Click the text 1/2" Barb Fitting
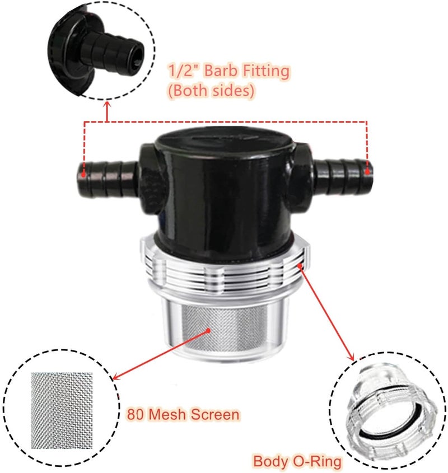pos(228,71)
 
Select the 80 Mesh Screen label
pos(183,415)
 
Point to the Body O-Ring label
pos(297,462)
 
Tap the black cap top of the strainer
pos(222,148)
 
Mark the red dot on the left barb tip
pos(84,172)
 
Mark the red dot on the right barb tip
pos(367,172)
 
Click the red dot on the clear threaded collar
pos(301,267)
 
